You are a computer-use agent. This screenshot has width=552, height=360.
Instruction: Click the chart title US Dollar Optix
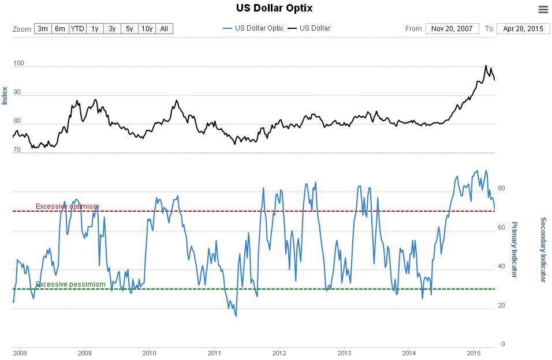(275, 8)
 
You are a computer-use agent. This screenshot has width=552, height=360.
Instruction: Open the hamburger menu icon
(543, 9)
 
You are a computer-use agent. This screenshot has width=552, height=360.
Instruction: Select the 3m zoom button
(43, 28)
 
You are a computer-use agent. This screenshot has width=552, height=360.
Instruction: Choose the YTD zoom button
(77, 28)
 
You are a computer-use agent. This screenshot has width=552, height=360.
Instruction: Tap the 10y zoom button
(147, 28)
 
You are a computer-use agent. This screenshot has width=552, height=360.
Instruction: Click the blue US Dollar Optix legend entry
(253, 28)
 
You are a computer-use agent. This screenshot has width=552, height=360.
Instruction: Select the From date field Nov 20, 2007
(452, 28)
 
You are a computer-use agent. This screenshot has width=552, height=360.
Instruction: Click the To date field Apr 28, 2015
(523, 28)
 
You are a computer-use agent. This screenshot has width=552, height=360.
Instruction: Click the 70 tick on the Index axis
(17, 149)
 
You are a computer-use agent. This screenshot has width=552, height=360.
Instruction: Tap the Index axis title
(5, 95)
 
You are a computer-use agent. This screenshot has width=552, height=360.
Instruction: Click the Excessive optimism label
(67, 207)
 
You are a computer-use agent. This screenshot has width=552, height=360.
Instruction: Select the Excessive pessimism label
(70, 284)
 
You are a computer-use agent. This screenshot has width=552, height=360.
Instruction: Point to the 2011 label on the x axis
(214, 352)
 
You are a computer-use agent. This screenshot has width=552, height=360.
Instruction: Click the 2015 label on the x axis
(474, 352)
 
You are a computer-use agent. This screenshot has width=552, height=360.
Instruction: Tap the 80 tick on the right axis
(502, 188)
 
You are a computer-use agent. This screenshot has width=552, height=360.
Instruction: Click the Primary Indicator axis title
(515, 249)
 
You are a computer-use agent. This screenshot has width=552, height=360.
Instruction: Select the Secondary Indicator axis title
(543, 249)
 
